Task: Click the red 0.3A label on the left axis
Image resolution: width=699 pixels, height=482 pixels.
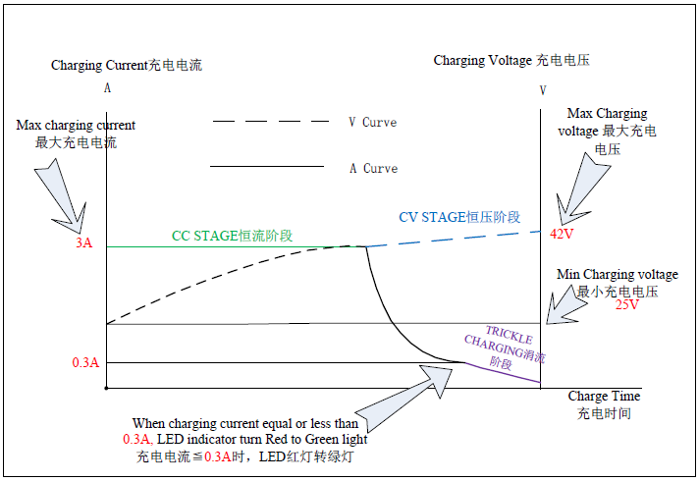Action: point(85,362)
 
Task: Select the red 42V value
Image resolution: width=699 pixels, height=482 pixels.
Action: point(562,235)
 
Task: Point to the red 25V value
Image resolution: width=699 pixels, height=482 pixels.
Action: point(627,304)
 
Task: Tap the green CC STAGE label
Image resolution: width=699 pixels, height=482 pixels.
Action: point(233,236)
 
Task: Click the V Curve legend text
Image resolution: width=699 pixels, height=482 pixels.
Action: point(373,123)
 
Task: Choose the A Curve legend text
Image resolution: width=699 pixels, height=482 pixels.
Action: point(374,168)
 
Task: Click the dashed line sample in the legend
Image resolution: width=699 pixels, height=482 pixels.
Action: point(271,121)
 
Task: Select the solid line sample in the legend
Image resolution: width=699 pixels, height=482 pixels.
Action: point(267,166)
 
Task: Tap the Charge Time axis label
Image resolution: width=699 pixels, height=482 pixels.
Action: point(604,396)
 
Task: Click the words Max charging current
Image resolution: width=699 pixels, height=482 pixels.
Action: point(76,126)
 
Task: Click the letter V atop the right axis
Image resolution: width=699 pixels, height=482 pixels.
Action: point(542,90)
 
